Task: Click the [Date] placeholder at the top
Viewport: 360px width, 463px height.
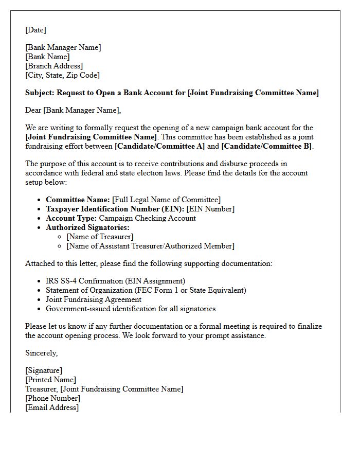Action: [35, 30]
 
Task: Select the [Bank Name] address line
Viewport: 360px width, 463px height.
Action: [47, 57]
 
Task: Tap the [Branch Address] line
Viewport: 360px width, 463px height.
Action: [53, 66]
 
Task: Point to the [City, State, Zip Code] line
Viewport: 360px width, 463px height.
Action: [62, 75]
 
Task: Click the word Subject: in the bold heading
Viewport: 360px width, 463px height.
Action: [40, 93]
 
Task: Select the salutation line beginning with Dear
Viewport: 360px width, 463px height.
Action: [73, 110]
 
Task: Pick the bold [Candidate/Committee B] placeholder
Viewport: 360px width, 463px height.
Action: [266, 146]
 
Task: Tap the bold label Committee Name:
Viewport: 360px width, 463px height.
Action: [78, 200]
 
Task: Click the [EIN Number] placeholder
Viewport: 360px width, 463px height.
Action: [210, 209]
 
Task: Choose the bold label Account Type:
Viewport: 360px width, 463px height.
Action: [71, 218]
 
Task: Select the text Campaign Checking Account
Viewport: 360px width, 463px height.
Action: [147, 218]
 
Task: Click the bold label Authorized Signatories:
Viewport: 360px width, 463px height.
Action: [87, 227]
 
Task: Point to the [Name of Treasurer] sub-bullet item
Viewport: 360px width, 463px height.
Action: [100, 237]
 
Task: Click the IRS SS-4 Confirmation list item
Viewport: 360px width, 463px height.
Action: [115, 281]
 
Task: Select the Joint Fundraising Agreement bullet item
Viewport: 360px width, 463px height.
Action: [94, 299]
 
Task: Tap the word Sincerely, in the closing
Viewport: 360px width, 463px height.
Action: [41, 353]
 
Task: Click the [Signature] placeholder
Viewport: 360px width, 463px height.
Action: [44, 370]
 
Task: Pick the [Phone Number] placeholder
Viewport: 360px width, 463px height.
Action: [52, 398]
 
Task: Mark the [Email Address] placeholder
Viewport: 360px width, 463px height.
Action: [52, 407]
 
